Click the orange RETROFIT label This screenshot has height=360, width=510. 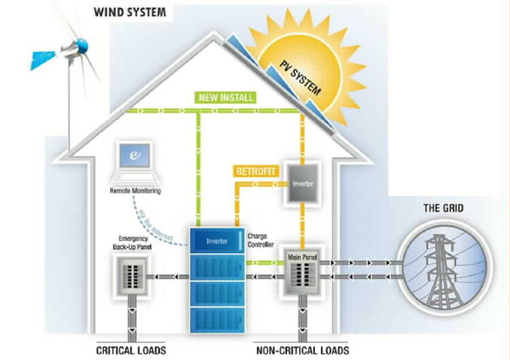256,171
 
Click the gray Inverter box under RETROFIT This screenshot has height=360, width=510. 301,184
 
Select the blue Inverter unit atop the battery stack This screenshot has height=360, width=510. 217,240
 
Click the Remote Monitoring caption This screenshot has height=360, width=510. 135,192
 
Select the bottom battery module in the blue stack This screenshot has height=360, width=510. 216,318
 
